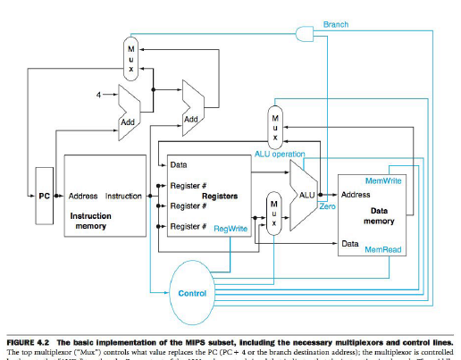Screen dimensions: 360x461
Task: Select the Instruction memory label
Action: tap(90, 221)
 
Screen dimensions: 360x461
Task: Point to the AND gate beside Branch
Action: tap(306, 34)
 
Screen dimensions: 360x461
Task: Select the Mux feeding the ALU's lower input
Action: tap(274, 215)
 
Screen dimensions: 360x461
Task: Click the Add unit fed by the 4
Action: tap(127, 113)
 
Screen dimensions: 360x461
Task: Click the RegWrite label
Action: tap(230, 229)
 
